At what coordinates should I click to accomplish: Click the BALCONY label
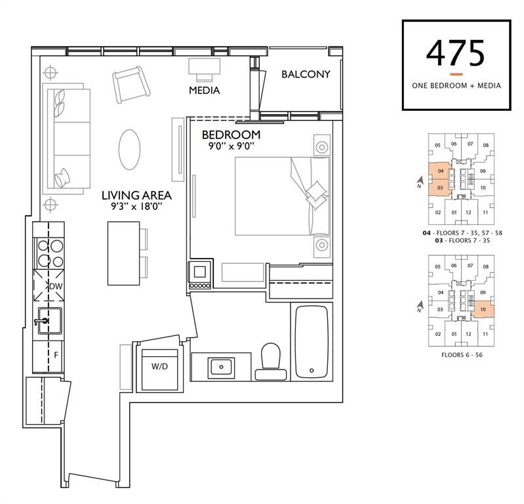click(306, 74)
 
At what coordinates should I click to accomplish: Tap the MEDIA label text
click(204, 91)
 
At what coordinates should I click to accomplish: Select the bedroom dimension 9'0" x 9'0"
click(232, 146)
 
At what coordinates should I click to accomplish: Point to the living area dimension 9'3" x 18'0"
click(136, 206)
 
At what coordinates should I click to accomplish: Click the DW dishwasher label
click(56, 286)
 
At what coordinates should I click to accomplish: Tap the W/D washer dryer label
click(160, 367)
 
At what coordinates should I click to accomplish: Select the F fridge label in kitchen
click(56, 355)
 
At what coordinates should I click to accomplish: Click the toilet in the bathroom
click(271, 362)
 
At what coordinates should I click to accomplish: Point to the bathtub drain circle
click(312, 370)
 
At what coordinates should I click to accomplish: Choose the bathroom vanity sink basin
click(221, 367)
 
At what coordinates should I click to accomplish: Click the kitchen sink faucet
click(41, 322)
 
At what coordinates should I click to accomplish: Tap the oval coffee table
click(130, 150)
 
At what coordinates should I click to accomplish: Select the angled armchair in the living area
click(131, 84)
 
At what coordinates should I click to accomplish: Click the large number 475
click(456, 54)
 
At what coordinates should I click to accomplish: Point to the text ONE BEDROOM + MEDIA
click(456, 85)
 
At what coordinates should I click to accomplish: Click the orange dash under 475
click(456, 74)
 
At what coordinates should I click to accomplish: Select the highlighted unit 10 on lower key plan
click(483, 309)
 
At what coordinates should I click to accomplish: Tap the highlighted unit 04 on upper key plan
click(441, 171)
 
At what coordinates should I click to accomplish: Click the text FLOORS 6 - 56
click(462, 355)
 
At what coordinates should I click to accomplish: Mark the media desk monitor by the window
click(204, 66)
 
